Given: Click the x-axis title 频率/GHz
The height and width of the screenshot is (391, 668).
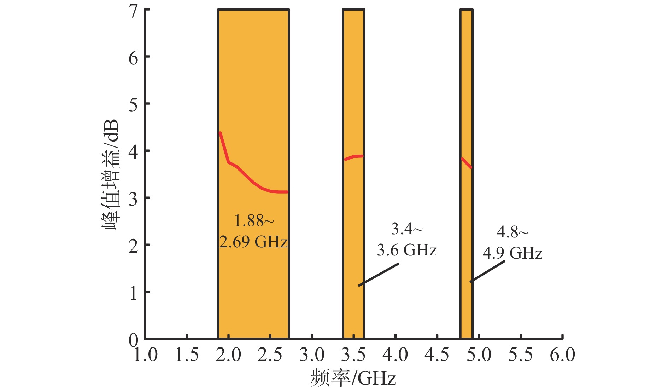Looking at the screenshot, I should point(353,378).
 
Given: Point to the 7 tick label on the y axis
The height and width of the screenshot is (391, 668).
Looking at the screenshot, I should point(134,11).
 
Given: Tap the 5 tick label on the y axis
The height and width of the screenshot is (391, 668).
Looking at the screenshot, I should point(134,105).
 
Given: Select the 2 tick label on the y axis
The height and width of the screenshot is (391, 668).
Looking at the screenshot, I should point(134,246).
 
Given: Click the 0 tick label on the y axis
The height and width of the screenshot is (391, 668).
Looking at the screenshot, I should point(134,340).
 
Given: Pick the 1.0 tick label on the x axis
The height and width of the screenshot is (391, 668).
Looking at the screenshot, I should point(145,355).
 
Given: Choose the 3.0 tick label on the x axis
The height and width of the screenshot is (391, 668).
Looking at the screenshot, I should point(312,355).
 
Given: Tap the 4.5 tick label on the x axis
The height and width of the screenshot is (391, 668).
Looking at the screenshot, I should point(437,355).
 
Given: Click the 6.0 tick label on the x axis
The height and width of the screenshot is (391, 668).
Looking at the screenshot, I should point(562,355).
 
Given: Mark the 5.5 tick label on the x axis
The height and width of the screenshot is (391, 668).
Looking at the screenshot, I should point(520,355).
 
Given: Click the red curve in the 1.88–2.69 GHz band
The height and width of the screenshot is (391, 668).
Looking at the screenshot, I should point(247,177).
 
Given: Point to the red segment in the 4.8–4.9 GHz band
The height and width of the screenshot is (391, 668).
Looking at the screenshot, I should point(467,163).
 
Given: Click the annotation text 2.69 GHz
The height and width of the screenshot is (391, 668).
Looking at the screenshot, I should point(253,242).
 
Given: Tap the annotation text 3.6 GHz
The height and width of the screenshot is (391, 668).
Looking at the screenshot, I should point(407,250).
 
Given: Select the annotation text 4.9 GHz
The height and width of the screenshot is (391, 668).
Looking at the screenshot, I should point(512,253).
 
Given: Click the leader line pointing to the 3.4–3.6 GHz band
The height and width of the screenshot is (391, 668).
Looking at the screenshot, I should point(379,274).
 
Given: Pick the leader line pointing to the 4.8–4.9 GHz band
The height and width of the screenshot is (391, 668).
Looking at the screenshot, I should point(487,271).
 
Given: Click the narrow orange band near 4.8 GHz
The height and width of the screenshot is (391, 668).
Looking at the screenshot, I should point(467,230).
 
